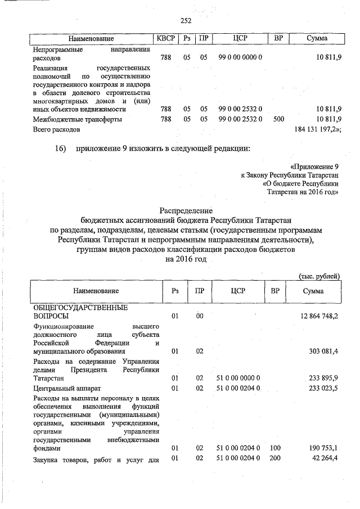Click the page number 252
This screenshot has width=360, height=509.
[186, 21]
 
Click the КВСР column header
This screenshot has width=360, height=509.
[166, 38]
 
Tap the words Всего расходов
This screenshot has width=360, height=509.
[56, 129]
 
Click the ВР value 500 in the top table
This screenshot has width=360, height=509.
[278, 119]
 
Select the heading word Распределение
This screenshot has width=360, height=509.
[186, 209]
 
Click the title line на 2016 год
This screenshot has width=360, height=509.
[186, 259]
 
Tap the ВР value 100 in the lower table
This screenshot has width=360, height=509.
[275, 449]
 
